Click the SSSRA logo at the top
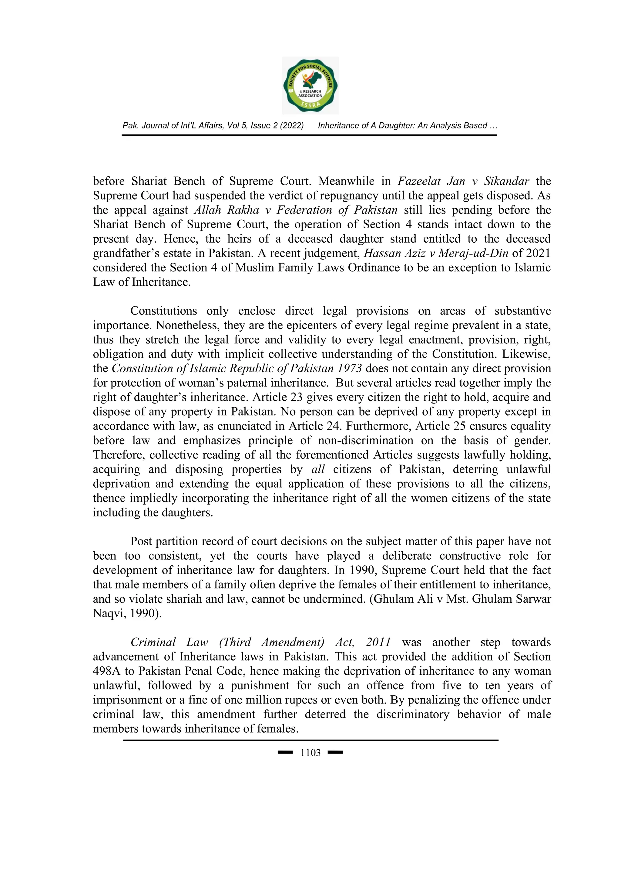click(310, 86)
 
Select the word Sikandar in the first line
click(507, 181)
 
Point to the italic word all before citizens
click(318, 469)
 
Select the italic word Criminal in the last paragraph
click(153, 642)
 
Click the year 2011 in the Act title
click(378, 642)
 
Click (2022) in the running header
click(292, 126)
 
